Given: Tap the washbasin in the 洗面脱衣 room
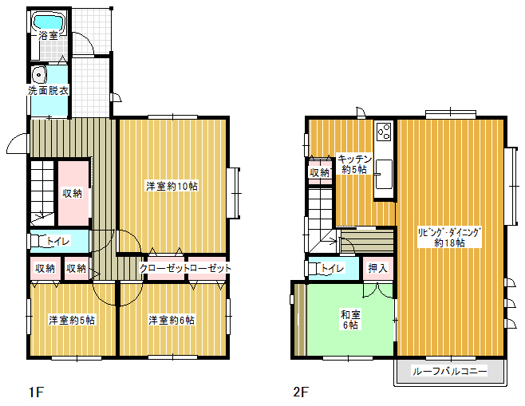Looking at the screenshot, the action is pyautogui.click(x=40, y=75).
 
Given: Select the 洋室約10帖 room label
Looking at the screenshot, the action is pyautogui.click(x=172, y=186).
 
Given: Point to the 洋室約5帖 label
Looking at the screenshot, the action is pyautogui.click(x=72, y=320).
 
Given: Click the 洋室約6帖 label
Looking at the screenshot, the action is pyautogui.click(x=172, y=320).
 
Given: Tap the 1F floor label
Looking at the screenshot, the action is pyautogui.click(x=36, y=392).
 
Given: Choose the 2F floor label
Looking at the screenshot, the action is pyautogui.click(x=300, y=392).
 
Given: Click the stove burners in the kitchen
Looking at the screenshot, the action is pyautogui.click(x=384, y=131).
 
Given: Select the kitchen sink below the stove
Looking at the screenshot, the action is pyautogui.click(x=384, y=174).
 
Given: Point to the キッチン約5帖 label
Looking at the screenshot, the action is pyautogui.click(x=354, y=164).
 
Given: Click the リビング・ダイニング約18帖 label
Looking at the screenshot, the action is pyautogui.click(x=449, y=238).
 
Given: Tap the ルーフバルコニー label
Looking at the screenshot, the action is pyautogui.click(x=449, y=371).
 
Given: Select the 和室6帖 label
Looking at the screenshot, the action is pyautogui.click(x=350, y=320).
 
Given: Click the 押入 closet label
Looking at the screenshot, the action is pyautogui.click(x=377, y=268).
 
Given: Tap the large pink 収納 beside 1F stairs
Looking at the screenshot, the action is pyautogui.click(x=73, y=193).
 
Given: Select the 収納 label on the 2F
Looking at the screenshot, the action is pyautogui.click(x=319, y=173).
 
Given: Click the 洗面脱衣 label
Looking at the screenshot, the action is pyautogui.click(x=49, y=90).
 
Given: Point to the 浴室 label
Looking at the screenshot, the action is pyautogui.click(x=49, y=35).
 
